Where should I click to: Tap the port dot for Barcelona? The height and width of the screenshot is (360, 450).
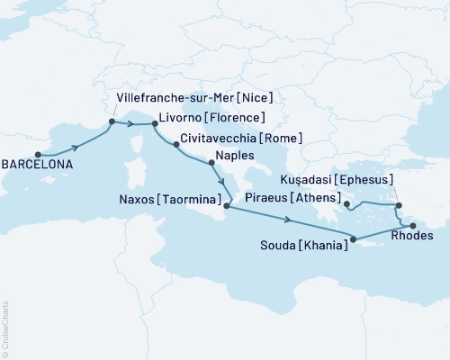(38, 153)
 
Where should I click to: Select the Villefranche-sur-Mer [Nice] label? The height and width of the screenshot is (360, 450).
(195, 96)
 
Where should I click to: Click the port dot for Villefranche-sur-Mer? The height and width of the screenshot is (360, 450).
(112, 121)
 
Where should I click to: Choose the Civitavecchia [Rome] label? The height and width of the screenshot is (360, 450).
(240, 139)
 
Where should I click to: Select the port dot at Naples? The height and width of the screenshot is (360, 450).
(211, 163)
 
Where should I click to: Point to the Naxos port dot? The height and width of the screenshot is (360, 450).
(226, 207)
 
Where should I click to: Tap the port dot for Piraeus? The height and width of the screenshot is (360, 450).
(346, 205)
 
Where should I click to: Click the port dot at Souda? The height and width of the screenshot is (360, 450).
(354, 239)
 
